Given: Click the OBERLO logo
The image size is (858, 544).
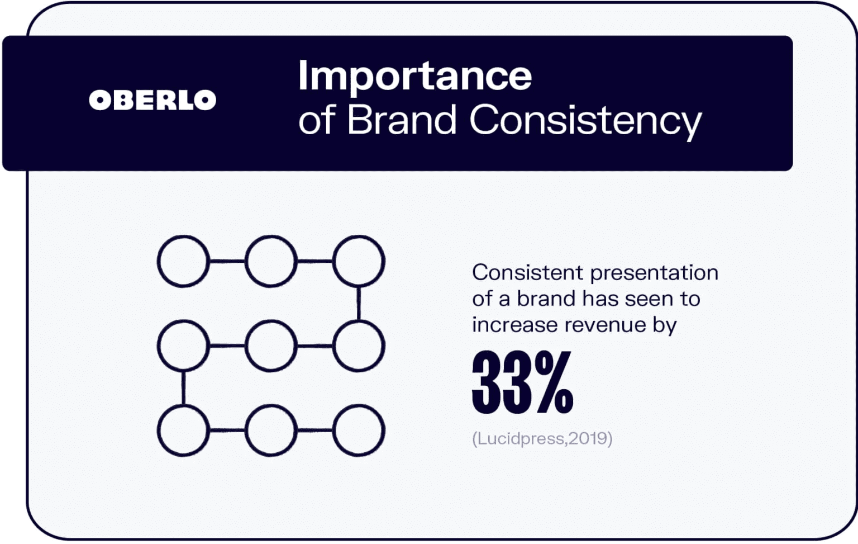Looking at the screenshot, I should click(152, 100).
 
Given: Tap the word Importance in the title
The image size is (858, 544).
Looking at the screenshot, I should click(414, 75).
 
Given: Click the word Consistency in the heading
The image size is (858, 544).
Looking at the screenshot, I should click(585, 120).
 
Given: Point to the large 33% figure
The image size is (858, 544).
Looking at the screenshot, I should click(522, 382).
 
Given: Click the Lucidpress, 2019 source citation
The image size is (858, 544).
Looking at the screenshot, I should click(542, 438).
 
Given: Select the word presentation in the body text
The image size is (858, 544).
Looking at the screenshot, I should click(654, 273).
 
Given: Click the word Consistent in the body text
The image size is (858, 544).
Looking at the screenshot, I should click(527, 273).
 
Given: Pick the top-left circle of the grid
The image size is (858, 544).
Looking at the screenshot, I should click(183, 261).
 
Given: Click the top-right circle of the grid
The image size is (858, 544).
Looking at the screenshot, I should click(359, 261).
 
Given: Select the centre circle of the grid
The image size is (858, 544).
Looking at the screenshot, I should click(271, 346).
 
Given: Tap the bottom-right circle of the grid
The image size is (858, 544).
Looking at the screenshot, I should click(359, 430).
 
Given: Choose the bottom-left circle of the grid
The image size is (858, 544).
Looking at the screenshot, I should click(183, 430).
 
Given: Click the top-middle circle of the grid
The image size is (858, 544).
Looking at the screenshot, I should click(271, 261).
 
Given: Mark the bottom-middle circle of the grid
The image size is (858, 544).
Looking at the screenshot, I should click(271, 430).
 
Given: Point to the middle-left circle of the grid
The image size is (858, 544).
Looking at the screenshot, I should click(183, 346).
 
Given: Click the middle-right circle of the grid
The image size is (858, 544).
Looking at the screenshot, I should click(359, 346).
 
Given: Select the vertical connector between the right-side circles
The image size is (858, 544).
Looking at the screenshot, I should click(359, 304).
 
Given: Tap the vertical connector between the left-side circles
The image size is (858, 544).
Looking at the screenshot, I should click(183, 388).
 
